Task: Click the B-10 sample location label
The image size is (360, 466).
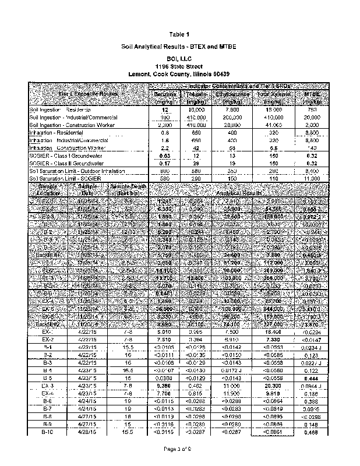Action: [48, 432]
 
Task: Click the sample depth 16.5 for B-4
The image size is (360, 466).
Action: [129, 369]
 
